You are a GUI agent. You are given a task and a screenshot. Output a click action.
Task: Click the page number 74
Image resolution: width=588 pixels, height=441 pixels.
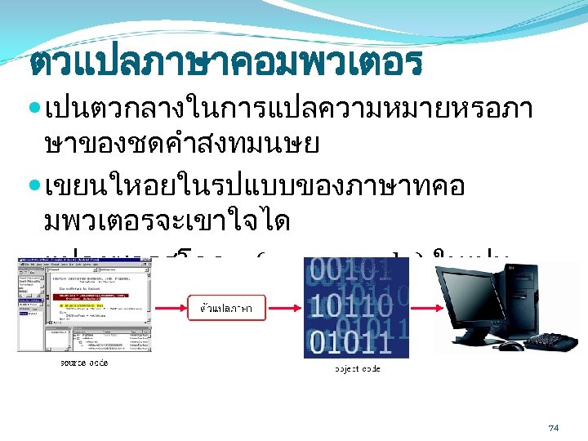(x=553, y=428)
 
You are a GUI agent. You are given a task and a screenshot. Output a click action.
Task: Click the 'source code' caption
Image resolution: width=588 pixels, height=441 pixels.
(x=82, y=362)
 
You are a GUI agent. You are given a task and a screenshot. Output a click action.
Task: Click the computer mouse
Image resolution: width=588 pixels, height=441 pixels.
(x=510, y=346)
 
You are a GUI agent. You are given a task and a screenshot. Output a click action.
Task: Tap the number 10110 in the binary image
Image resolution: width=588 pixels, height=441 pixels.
(x=347, y=308)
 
